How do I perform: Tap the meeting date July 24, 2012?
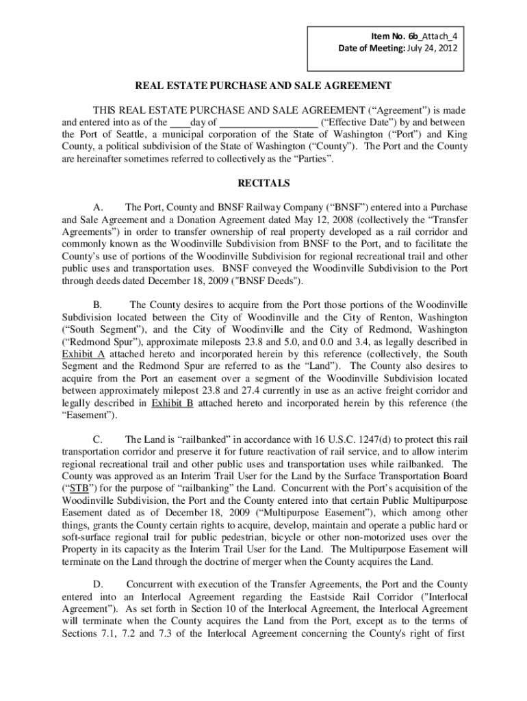click(x=430, y=48)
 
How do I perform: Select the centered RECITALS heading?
click(x=263, y=183)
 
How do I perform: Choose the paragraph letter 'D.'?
click(x=98, y=585)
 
